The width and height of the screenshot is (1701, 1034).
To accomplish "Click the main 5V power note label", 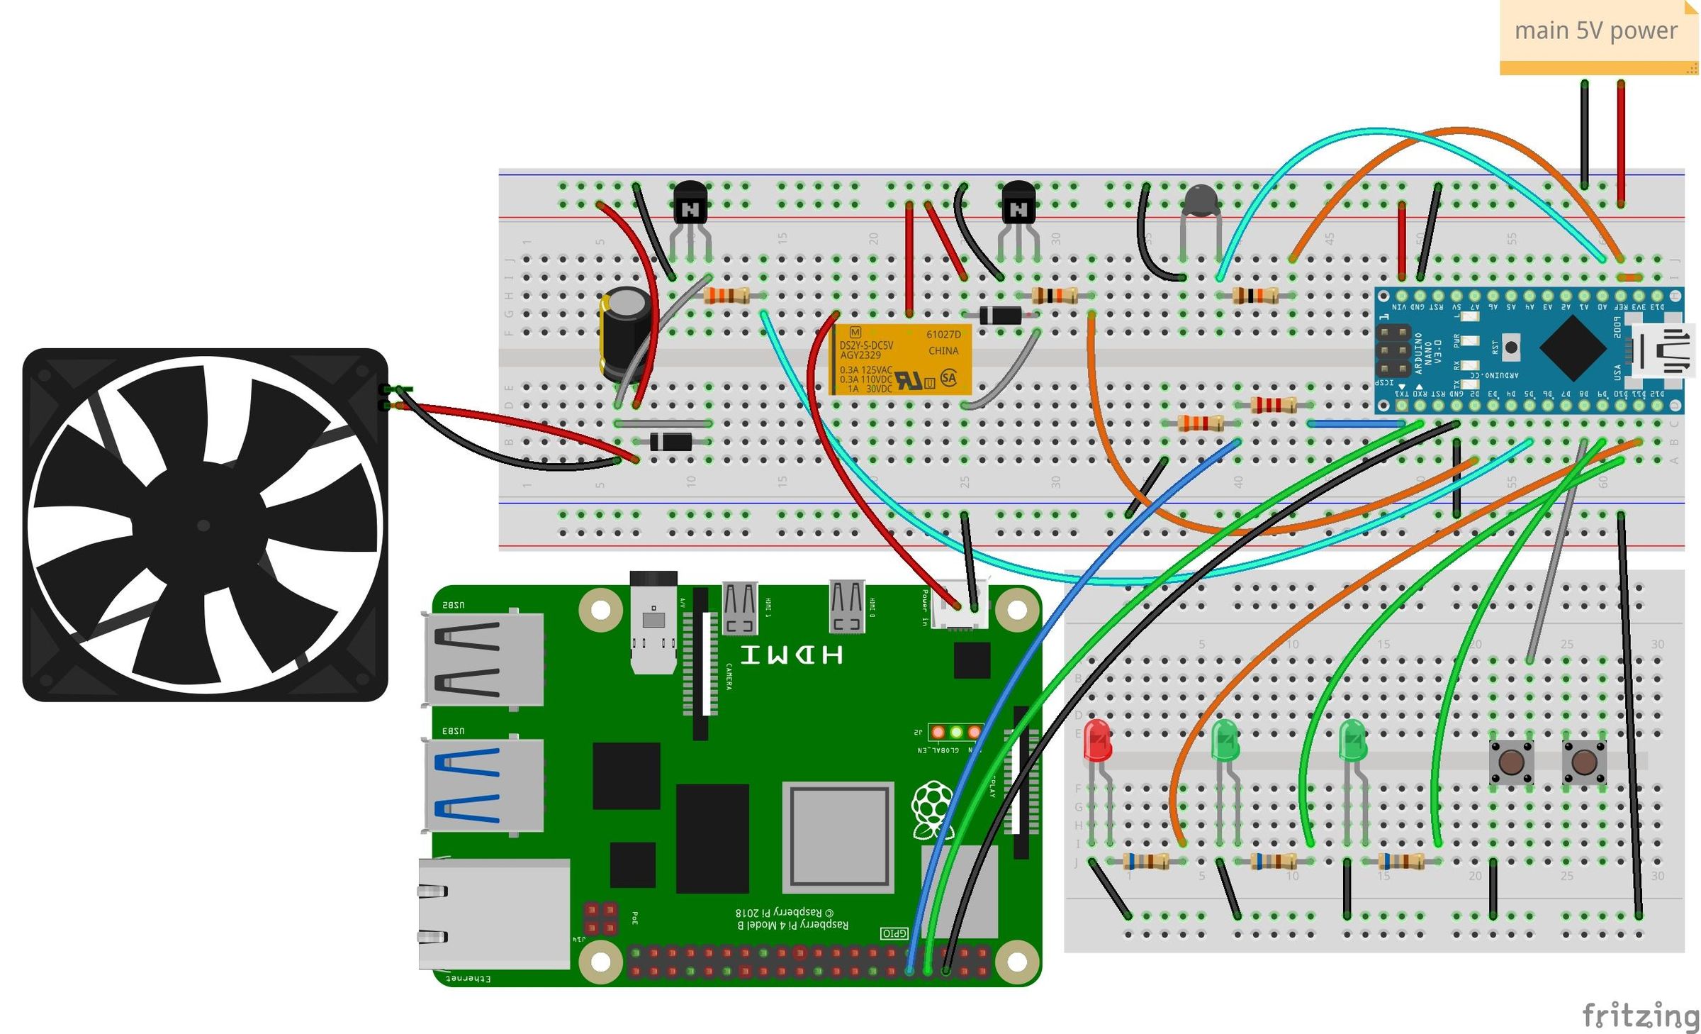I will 1596,32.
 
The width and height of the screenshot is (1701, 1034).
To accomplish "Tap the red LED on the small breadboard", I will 1097,741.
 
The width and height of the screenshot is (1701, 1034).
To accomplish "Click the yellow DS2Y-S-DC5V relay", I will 901,360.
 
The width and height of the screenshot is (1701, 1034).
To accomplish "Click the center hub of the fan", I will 203,526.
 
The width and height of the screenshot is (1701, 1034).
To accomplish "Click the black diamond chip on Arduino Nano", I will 1573,348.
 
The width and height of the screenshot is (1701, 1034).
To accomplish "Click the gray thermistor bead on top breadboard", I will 1201,201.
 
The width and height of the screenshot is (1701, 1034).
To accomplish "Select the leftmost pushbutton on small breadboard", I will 1510,762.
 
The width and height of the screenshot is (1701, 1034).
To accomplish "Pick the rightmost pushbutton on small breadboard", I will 1584,762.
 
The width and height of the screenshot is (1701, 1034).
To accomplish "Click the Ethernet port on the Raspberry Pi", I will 494,913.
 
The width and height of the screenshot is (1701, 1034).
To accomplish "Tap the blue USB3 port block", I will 484,785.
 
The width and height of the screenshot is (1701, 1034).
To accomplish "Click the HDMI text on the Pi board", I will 792,655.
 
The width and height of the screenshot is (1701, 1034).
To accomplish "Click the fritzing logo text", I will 1640,1016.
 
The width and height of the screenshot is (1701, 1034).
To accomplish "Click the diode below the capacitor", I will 670,442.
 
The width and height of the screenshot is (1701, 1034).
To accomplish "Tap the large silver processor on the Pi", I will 838,838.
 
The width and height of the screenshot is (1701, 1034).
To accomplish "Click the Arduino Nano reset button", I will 1511,348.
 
